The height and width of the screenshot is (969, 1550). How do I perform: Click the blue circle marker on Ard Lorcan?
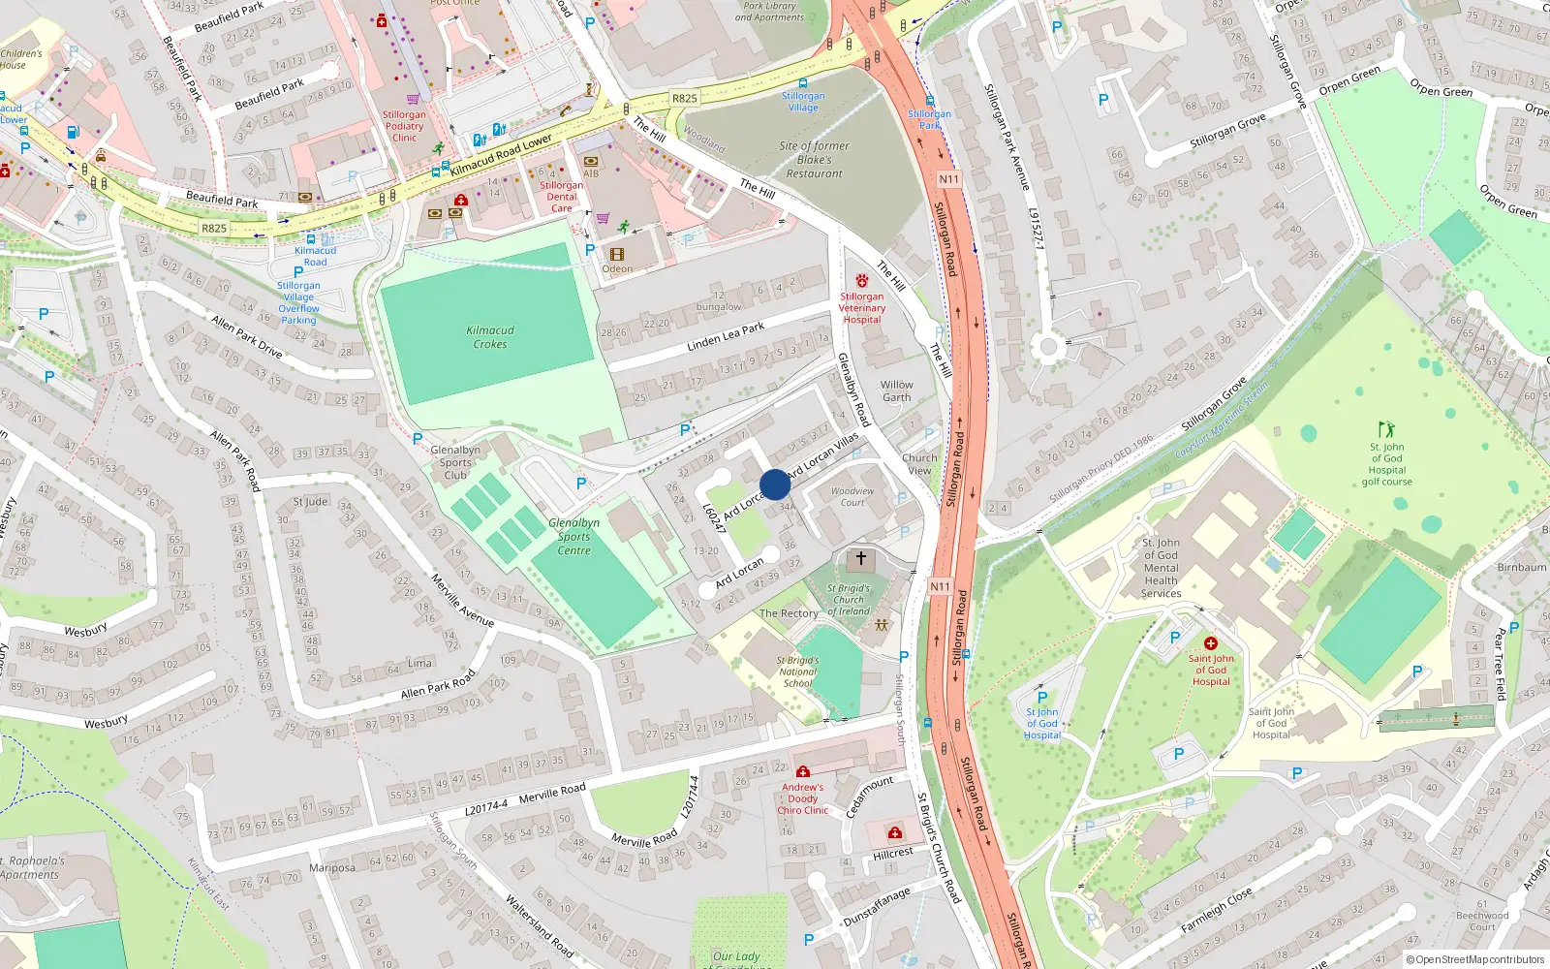pyautogui.click(x=775, y=484)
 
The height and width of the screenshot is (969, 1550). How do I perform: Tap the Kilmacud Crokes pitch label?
pyautogui.click(x=490, y=337)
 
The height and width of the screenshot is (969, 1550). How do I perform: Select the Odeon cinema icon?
pyautogui.click(x=617, y=255)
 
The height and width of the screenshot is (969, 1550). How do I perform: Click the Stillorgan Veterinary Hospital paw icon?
pyautogui.click(x=861, y=281)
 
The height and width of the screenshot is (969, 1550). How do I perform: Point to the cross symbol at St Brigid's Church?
pyautogui.click(x=860, y=559)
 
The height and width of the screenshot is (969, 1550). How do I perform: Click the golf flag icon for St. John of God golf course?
pyautogui.click(x=1386, y=429)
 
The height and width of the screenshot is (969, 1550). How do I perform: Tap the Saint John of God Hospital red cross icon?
pyautogui.click(x=1210, y=643)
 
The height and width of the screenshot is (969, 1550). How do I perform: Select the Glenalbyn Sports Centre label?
pyautogui.click(x=573, y=536)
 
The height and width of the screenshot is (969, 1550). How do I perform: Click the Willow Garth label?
pyautogui.click(x=896, y=391)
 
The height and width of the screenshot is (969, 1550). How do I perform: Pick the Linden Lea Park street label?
pyautogui.click(x=725, y=336)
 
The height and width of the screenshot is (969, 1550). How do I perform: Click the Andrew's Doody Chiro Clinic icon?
pyautogui.click(x=803, y=772)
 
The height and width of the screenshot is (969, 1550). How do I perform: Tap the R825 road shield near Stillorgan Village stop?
pyautogui.click(x=684, y=98)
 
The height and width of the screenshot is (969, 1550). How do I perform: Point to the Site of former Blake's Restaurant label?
pyautogui.click(x=814, y=160)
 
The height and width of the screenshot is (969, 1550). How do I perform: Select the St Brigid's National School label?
pyautogui.click(x=797, y=672)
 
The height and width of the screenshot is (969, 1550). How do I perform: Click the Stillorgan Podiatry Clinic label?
pyautogui.click(x=404, y=126)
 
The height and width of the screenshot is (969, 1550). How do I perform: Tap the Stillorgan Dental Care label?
pyautogui.click(x=561, y=197)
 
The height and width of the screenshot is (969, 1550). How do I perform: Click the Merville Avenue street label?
pyautogui.click(x=462, y=602)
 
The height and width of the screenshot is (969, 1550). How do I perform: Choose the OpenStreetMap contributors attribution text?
pyautogui.click(x=1473, y=959)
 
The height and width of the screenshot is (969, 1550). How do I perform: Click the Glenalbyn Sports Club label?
pyautogui.click(x=455, y=462)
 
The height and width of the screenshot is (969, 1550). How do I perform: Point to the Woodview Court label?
pyautogui.click(x=852, y=496)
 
